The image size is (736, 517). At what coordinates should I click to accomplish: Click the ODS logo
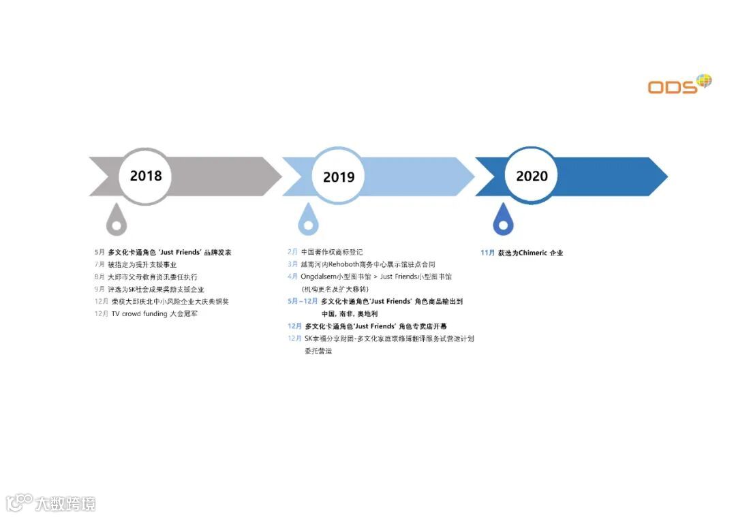pos(679,84)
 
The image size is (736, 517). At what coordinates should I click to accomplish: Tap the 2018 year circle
pos(146,176)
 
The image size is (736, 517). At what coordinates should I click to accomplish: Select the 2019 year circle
pos(339,177)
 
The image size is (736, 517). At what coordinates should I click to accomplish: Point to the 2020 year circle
pos(532,176)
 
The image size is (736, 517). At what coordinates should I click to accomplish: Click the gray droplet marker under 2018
pos(117,219)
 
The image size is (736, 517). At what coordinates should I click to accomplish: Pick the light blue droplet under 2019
pos(309,219)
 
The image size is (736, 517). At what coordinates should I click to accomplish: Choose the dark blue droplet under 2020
pos(503,219)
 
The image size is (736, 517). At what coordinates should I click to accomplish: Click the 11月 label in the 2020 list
pos(487,253)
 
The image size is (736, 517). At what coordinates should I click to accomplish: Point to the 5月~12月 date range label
pos(302,301)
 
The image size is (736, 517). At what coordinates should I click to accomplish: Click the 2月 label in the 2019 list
pos(292,252)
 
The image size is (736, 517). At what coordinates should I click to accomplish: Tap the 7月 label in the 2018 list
pos(99,264)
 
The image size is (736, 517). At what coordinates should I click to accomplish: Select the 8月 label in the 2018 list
pos(99,277)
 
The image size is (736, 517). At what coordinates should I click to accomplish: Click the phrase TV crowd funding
pos(139,313)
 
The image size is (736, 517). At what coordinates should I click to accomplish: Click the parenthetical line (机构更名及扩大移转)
pos(335,289)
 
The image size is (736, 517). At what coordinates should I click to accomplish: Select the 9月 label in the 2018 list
pos(99,289)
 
